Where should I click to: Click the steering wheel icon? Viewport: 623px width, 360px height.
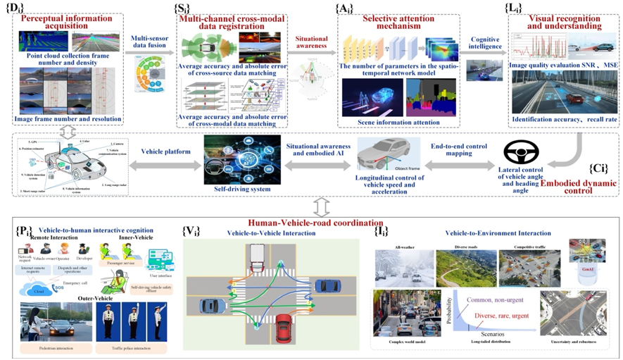(x=521, y=152)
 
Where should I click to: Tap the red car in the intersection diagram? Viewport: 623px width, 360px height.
(x=283, y=326)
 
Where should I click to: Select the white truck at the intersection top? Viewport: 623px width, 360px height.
(x=257, y=256)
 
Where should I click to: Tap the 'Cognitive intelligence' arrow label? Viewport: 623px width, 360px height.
(x=485, y=42)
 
